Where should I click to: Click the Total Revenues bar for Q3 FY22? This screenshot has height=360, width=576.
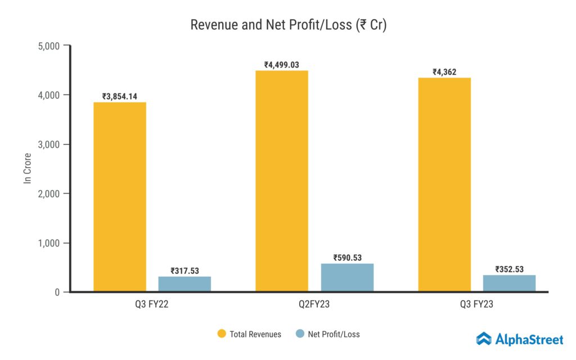tap(120, 197)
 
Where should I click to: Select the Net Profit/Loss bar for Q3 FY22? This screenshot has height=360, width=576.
tap(184, 284)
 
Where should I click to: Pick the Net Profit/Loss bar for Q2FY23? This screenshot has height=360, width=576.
tap(347, 277)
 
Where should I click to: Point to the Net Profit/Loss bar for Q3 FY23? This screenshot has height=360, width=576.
tap(509, 283)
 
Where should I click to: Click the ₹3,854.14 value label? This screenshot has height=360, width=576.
tap(120, 96)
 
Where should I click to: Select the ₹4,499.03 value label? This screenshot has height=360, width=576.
tap(282, 65)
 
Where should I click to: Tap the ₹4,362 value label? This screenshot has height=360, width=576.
tap(444, 72)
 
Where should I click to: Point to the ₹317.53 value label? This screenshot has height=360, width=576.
tap(184, 271)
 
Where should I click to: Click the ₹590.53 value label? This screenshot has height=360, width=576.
tap(347, 258)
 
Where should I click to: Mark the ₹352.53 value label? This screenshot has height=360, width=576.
tap(509, 269)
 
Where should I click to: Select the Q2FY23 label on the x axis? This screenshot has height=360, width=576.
tap(314, 305)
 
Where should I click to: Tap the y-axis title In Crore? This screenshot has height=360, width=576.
tap(26, 168)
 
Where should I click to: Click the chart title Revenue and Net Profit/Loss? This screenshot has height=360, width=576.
tap(288, 25)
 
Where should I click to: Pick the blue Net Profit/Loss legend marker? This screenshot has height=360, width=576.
tap(299, 334)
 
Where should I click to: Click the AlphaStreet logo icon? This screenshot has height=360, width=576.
tap(484, 339)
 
